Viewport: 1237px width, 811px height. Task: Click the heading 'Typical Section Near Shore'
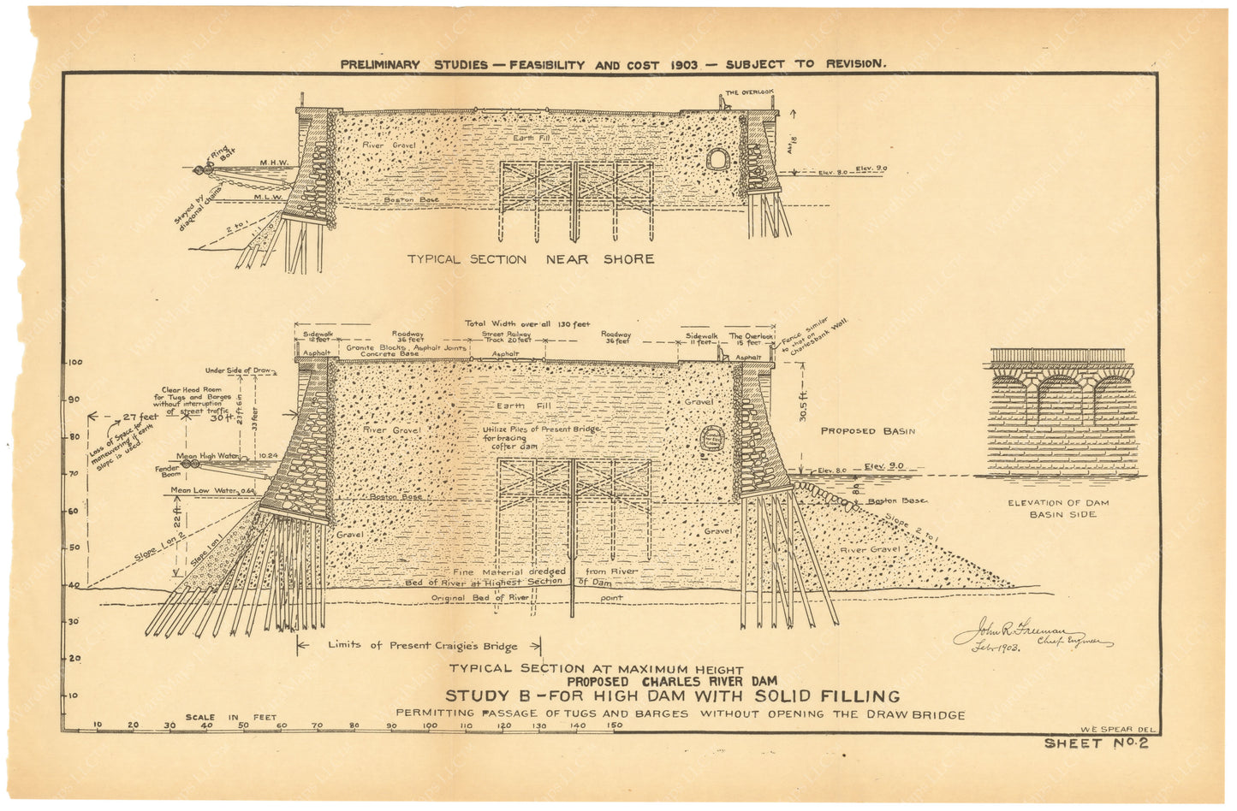coord(530,259)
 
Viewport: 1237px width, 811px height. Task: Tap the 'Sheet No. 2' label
coord(1096,743)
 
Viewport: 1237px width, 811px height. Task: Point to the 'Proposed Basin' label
coord(868,431)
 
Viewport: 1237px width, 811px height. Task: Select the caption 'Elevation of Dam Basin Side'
coord(1060,508)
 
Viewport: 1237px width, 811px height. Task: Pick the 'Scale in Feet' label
coord(231,718)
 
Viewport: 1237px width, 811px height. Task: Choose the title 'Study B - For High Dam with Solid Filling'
coord(672,696)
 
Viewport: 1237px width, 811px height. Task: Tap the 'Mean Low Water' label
coord(204,490)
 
